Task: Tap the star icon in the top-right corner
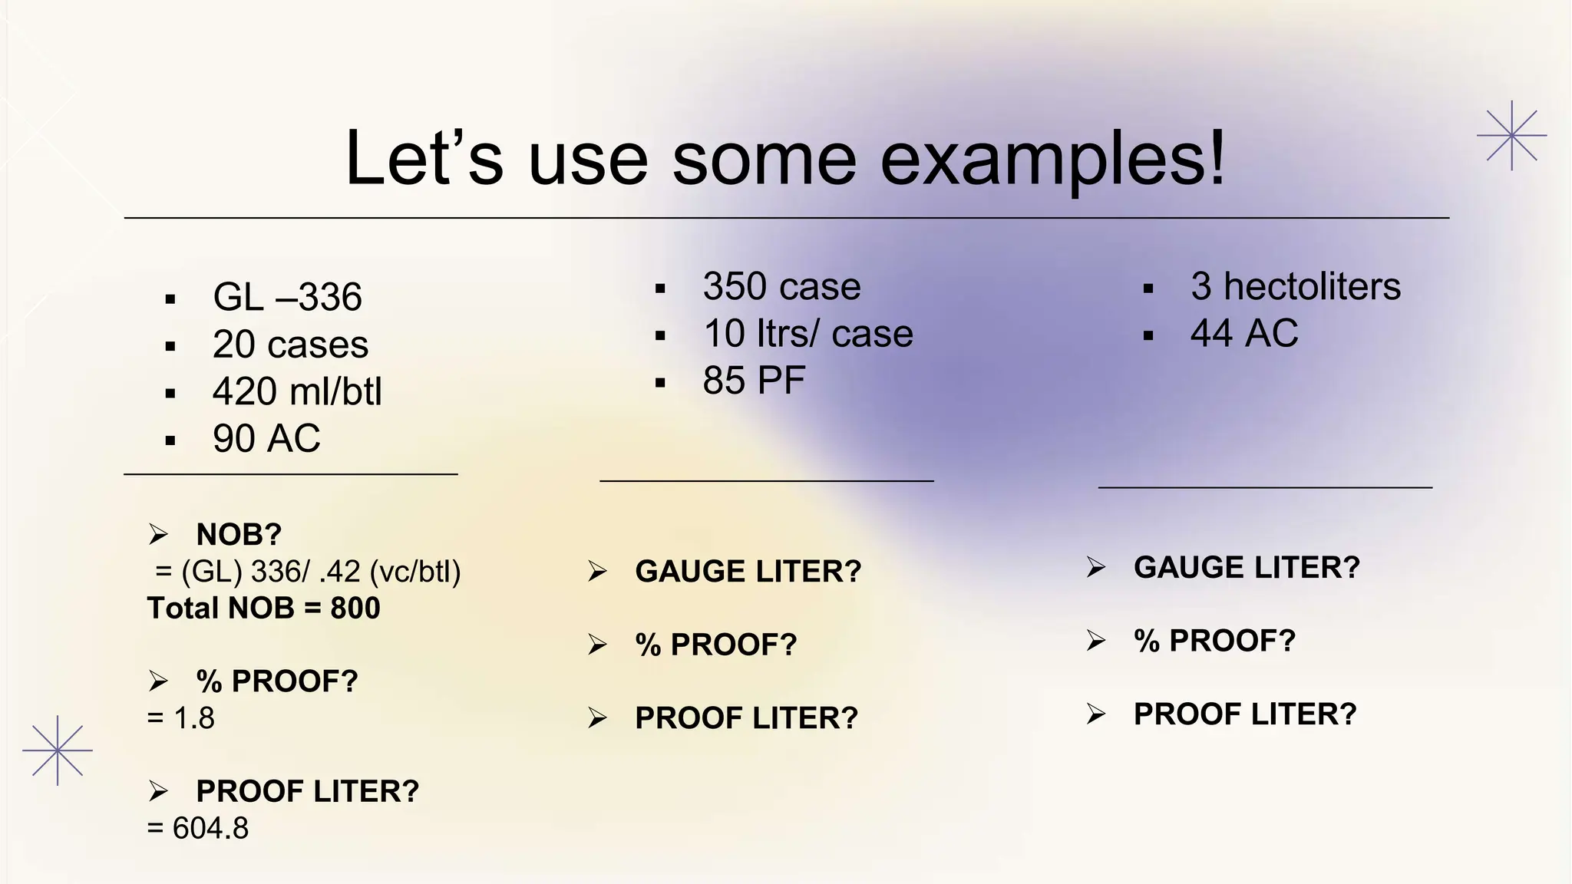point(1511,136)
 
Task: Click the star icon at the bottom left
point(58,750)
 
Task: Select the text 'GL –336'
point(287,297)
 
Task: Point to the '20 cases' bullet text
point(290,345)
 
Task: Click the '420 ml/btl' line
point(297,391)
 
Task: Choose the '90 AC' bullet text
point(266,439)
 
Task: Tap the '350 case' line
point(781,287)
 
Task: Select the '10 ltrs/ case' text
point(807,334)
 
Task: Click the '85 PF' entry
point(754,381)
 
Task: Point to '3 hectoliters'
point(1295,287)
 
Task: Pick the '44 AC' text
point(1243,334)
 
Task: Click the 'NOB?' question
point(239,534)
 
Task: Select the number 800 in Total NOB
point(355,609)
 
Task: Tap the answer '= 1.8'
point(181,718)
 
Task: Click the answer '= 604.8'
point(198,829)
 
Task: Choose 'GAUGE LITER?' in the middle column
point(748,572)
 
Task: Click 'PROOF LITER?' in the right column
point(1245,714)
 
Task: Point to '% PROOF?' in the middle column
point(715,645)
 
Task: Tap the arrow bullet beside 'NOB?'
point(158,533)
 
